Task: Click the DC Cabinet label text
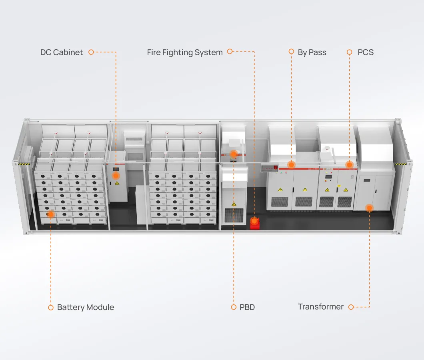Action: (62, 52)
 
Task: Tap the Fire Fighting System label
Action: (185, 52)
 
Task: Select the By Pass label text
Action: (312, 52)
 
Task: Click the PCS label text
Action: (366, 52)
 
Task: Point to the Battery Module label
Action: (86, 307)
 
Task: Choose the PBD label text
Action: (247, 307)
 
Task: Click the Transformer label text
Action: (321, 307)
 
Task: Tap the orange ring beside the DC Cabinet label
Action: (91, 52)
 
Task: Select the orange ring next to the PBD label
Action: (234, 307)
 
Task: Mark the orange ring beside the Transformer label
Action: (351, 307)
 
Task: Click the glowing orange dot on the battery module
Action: (51, 214)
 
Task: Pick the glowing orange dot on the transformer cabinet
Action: (369, 208)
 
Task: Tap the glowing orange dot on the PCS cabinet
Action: (349, 164)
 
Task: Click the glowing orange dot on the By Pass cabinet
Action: (292, 164)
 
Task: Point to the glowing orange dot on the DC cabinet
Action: (116, 175)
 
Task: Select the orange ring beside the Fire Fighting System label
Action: (230, 52)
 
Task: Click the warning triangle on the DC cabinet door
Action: (117, 183)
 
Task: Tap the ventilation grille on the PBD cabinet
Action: (234, 216)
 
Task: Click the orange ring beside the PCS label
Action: (349, 52)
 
